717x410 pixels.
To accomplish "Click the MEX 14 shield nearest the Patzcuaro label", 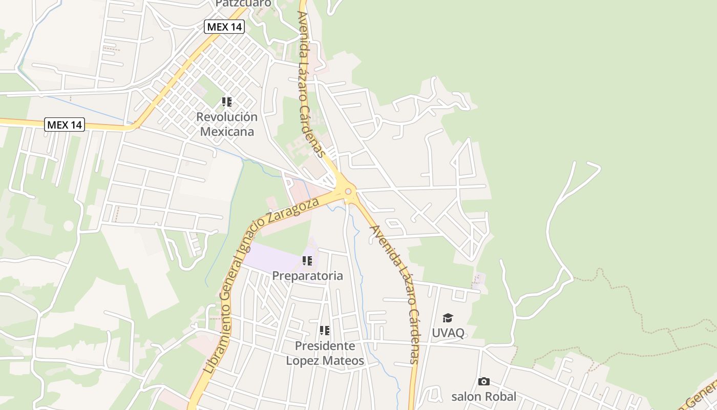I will point(224,27).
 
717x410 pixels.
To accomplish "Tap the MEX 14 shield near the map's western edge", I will point(64,125).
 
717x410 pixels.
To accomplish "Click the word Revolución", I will point(227,117).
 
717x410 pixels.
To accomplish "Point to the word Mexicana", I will point(227,132).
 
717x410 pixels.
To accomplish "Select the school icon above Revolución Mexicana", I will point(227,102).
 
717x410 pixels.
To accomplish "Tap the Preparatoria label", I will point(307,276).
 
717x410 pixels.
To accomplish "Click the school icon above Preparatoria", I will point(307,261).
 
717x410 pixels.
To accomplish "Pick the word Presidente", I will point(325,346).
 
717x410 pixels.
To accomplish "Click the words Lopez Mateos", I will point(325,361).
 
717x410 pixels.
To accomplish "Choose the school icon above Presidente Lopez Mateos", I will point(325,331).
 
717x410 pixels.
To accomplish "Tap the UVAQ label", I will point(448,333).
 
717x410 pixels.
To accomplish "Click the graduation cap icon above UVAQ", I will point(448,318).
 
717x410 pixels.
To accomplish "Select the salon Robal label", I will point(483,396).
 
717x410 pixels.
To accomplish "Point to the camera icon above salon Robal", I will point(483,381).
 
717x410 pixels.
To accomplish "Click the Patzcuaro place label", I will point(243,4).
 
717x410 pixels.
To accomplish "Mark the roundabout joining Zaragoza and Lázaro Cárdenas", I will point(348,192).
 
